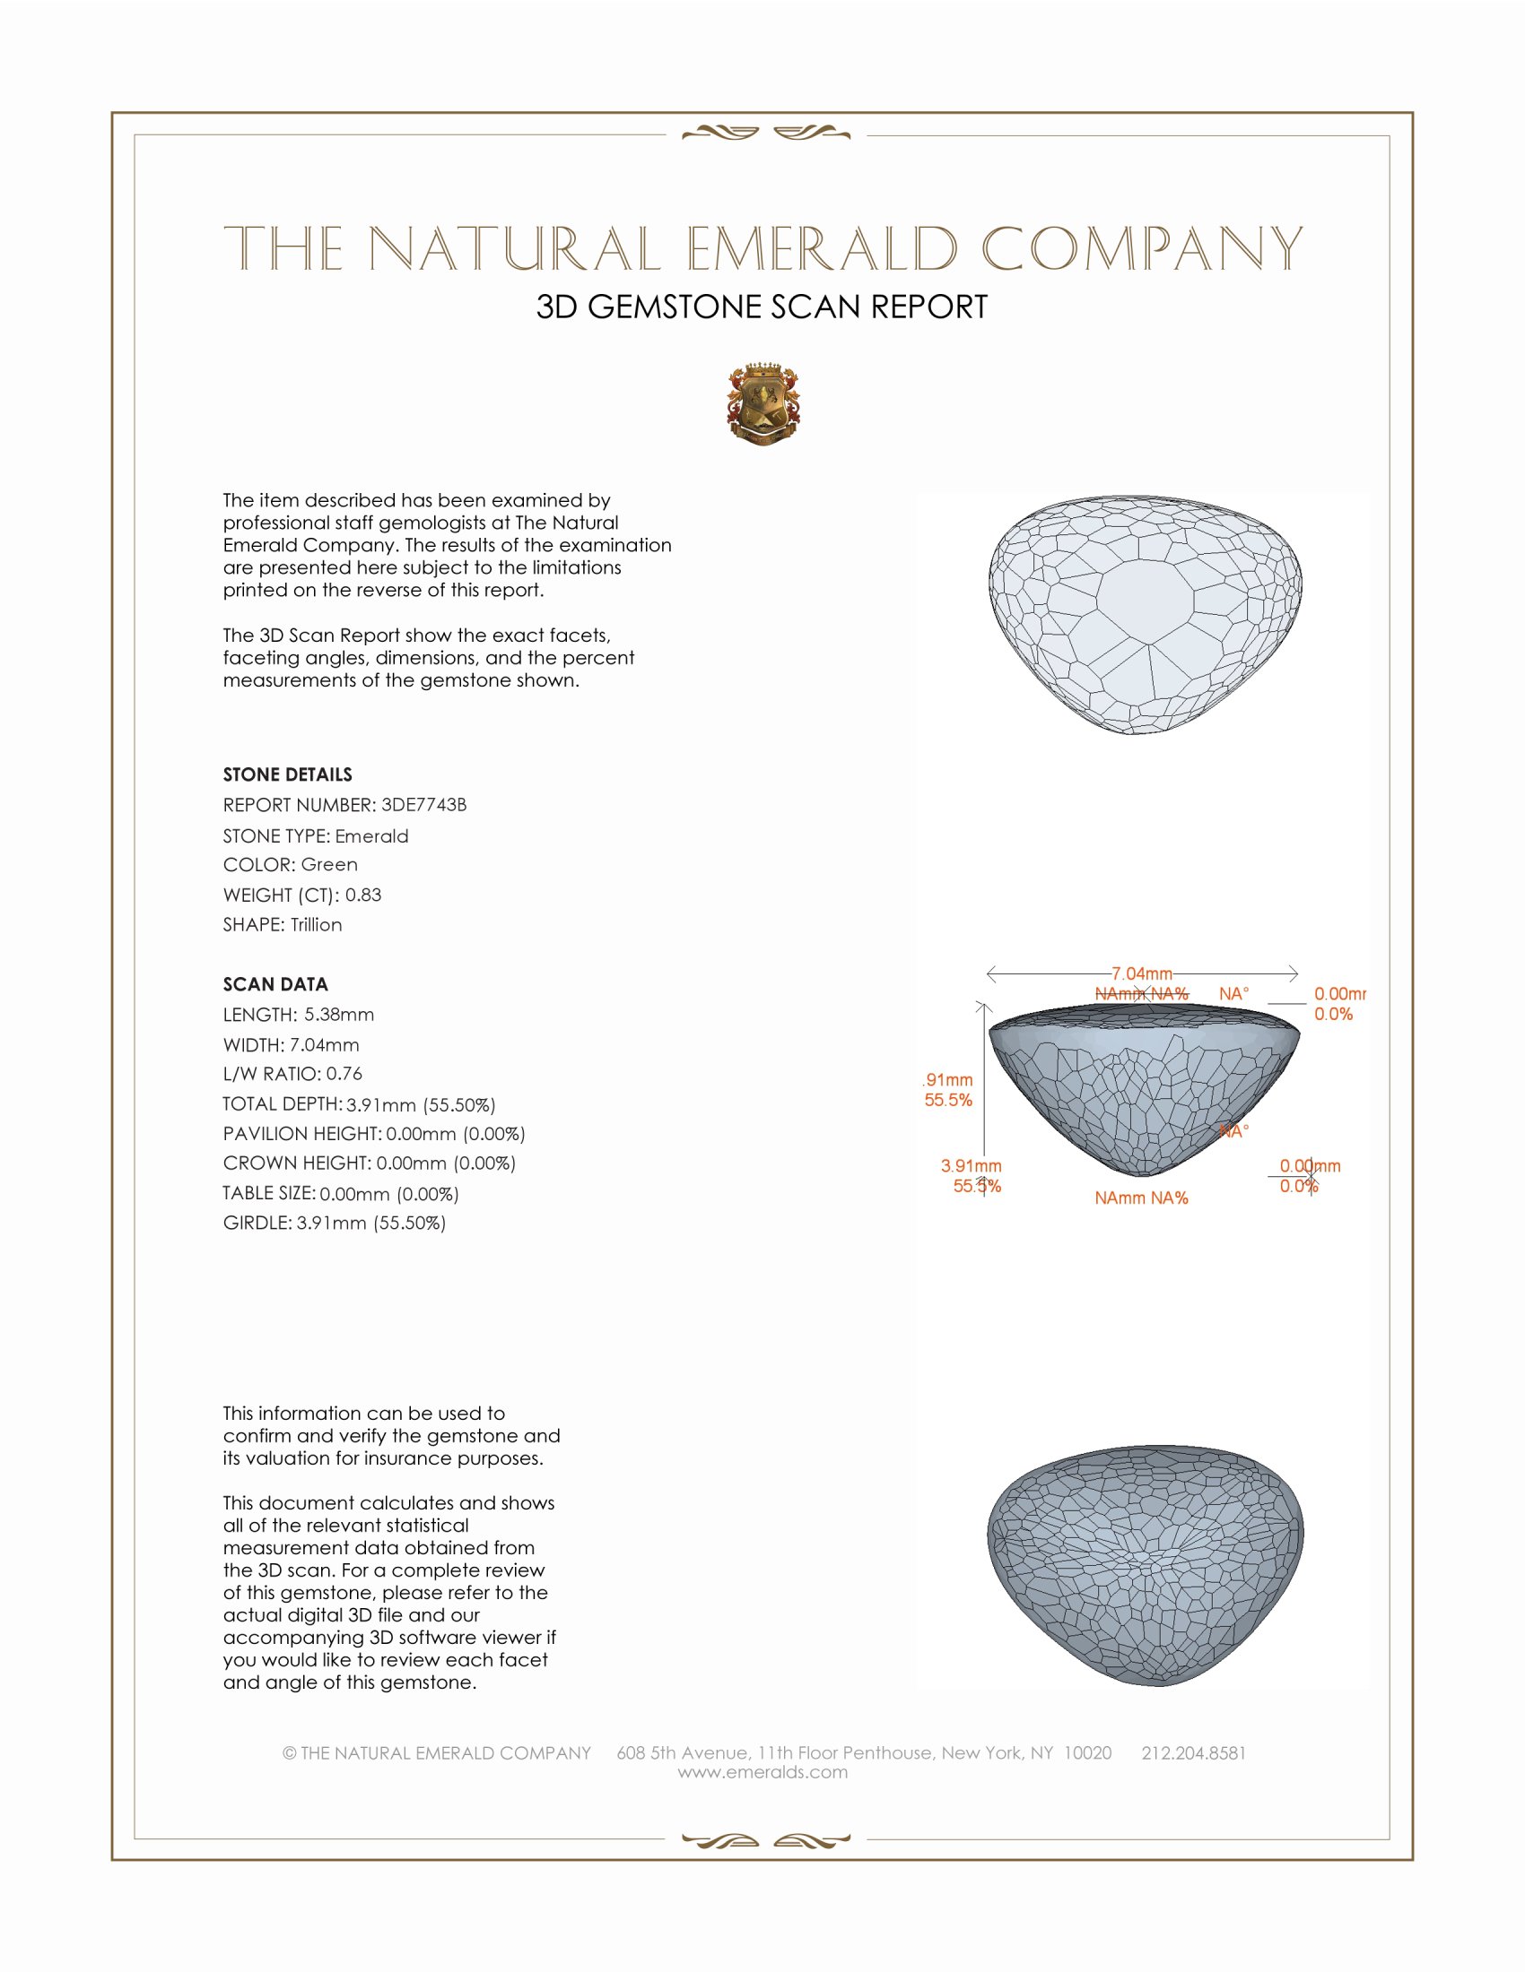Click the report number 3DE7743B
[x=423, y=805]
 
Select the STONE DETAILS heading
[x=287, y=774]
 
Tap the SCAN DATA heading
[x=275, y=984]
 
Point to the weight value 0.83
[x=363, y=895]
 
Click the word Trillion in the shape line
[x=316, y=925]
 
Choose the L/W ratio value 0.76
[x=344, y=1074]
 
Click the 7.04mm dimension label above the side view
[x=1141, y=973]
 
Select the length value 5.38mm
[x=339, y=1014]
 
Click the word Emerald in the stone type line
[x=371, y=836]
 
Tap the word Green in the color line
[x=329, y=864]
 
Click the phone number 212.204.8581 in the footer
[x=1193, y=1752]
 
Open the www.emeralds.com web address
[x=762, y=1772]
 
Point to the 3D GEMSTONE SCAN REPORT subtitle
[x=762, y=307]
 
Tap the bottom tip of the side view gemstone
[x=1143, y=1175]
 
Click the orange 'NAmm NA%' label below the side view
[x=1141, y=1198]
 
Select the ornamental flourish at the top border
[x=765, y=134]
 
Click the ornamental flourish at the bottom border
[x=765, y=1840]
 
